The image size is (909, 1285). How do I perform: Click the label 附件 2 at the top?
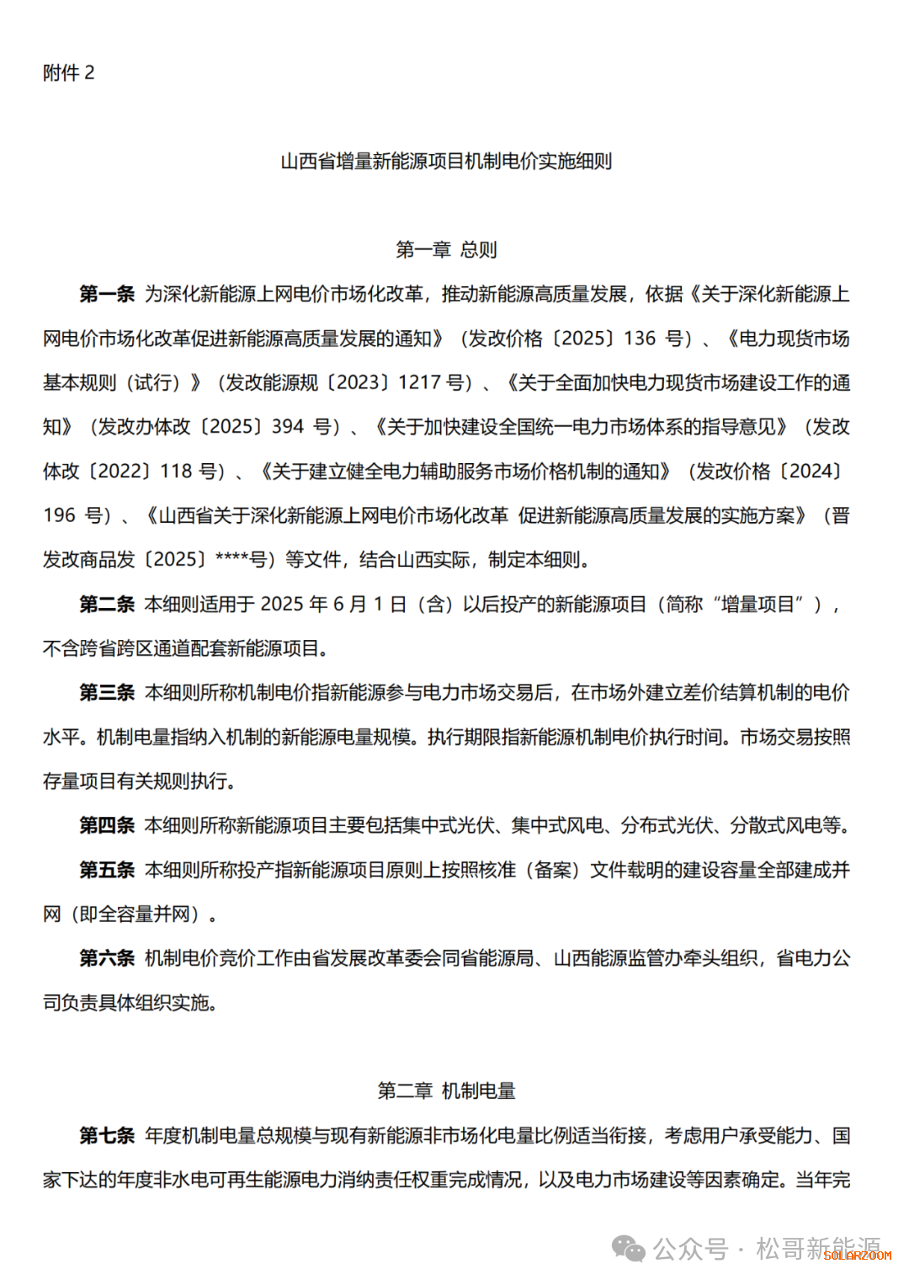[x=69, y=73]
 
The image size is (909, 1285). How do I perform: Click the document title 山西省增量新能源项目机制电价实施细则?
[x=446, y=161]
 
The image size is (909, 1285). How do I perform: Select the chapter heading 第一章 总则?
[x=446, y=249]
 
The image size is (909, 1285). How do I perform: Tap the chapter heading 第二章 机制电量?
[x=446, y=1090]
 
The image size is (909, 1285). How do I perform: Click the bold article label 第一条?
[x=107, y=294]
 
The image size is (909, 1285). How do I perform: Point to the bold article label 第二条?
[x=107, y=604]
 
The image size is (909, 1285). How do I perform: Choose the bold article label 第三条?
[x=107, y=692]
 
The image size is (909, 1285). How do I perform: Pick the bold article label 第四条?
[x=107, y=825]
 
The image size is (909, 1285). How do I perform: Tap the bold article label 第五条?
[x=107, y=870]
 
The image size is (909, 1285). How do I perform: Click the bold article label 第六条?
[x=107, y=957]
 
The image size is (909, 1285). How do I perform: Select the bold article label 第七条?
[x=107, y=1135]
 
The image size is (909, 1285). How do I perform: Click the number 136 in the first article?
[x=640, y=339]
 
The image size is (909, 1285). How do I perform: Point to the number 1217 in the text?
[x=419, y=382]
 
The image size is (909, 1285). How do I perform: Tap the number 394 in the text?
[x=288, y=427]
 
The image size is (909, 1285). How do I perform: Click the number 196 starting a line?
[x=60, y=515]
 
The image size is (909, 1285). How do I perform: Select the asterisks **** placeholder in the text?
[x=232, y=559]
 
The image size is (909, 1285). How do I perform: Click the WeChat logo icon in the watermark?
[x=629, y=1248]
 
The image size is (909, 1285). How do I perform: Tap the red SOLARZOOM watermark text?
[x=857, y=1255]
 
